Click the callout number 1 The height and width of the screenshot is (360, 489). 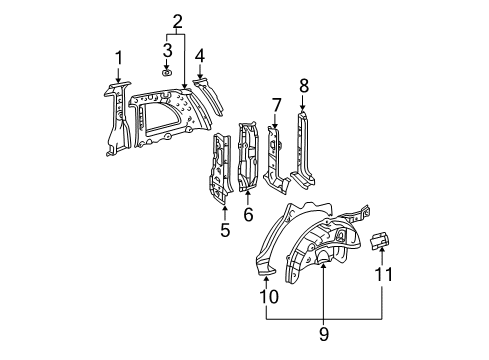point(118,57)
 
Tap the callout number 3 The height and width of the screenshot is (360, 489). point(168,50)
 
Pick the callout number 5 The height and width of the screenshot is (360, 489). point(225,229)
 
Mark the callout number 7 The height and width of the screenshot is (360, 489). point(276,104)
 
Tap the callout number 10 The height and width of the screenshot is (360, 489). point(267,295)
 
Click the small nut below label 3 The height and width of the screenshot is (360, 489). point(168,72)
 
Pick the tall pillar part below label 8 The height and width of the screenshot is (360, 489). point(300,150)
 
